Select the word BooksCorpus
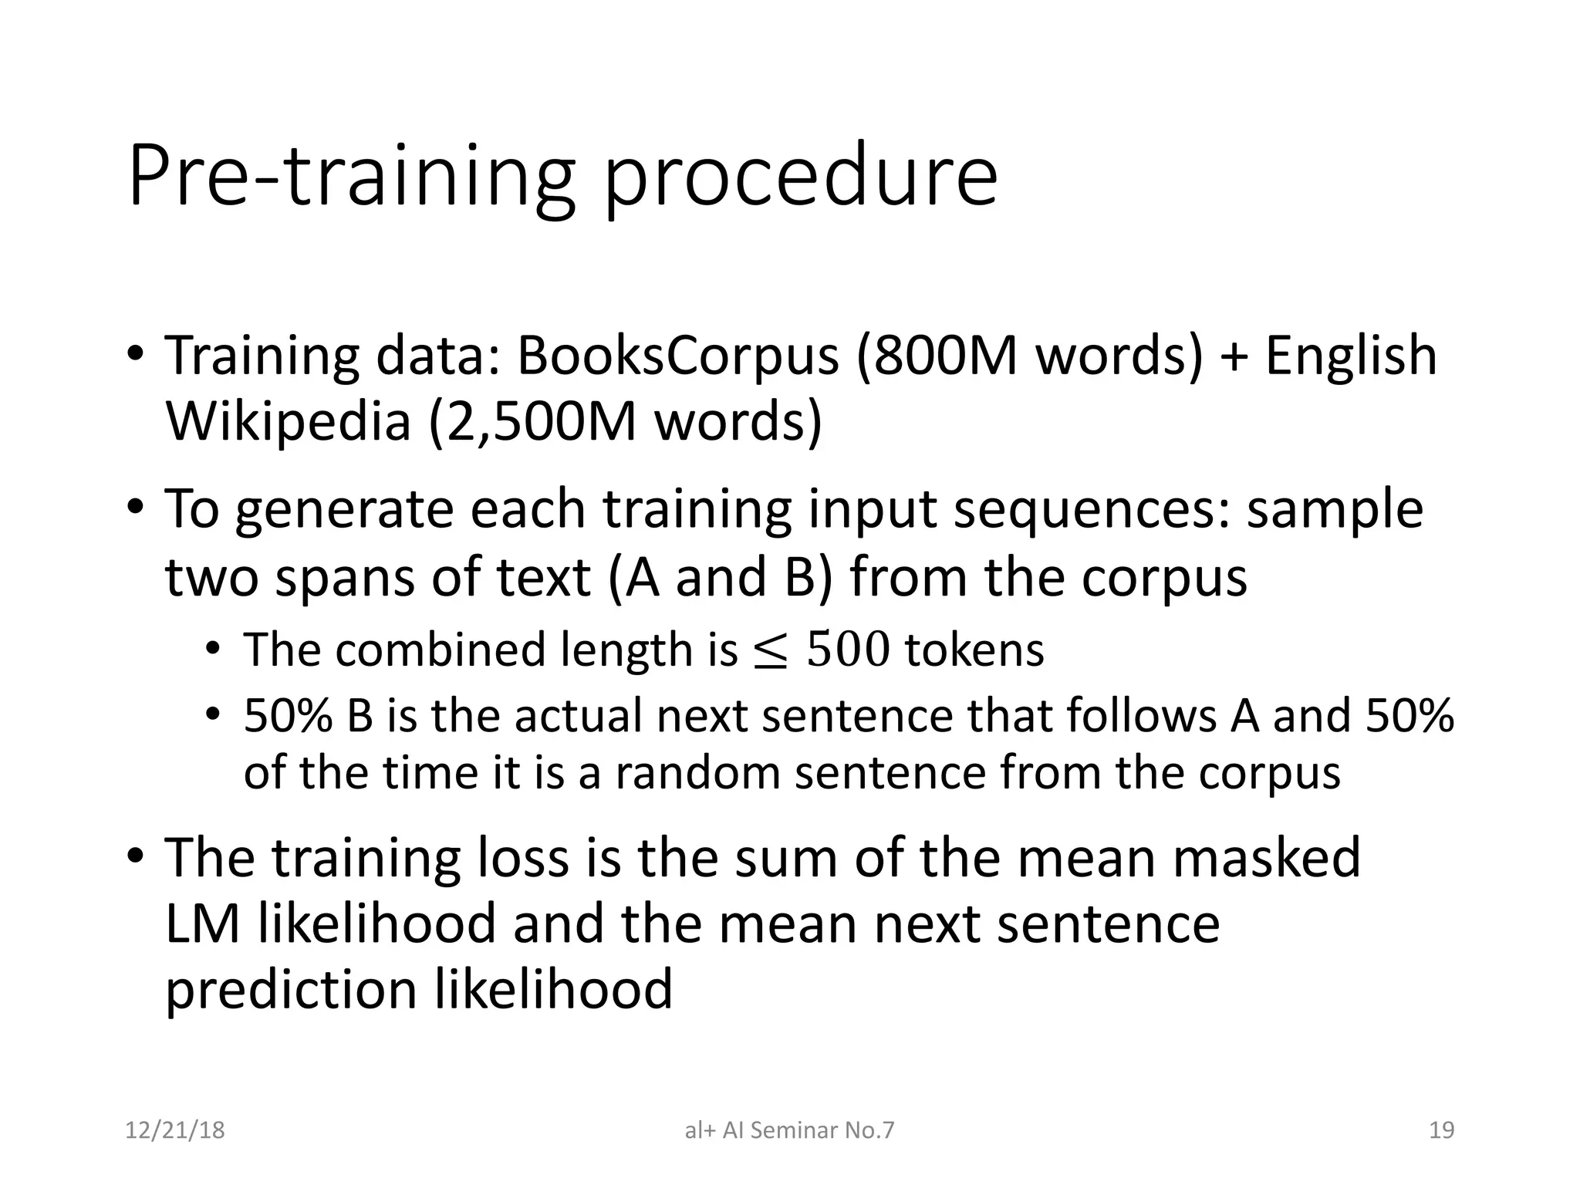tap(677, 356)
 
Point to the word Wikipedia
tap(288, 422)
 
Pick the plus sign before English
tap(1234, 357)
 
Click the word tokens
tap(974, 650)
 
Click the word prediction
tap(291, 991)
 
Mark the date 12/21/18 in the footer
tap(174, 1130)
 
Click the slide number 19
tap(1441, 1130)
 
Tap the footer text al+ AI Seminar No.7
tap(789, 1130)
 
